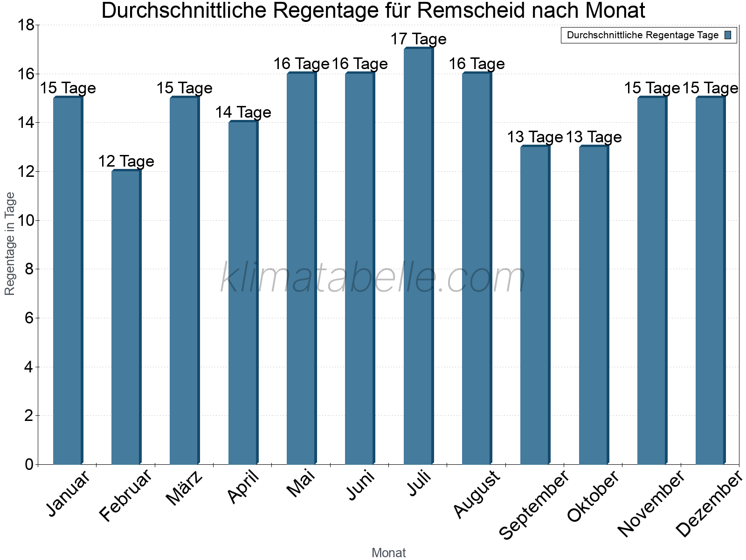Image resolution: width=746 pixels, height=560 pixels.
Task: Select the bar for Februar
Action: click(x=126, y=317)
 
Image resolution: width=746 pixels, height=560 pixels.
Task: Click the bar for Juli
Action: click(x=419, y=257)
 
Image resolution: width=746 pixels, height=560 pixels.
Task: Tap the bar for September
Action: click(x=535, y=306)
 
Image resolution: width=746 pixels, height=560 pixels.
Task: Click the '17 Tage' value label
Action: click(x=418, y=39)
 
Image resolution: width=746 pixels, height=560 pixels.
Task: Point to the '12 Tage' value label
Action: click(x=126, y=161)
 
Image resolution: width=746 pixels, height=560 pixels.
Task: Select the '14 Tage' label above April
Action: click(x=243, y=112)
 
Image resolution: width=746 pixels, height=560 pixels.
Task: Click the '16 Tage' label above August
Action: click(x=477, y=64)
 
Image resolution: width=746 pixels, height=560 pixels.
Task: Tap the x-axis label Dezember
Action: click(x=708, y=504)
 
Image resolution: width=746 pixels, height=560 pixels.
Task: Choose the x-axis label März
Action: click(x=185, y=488)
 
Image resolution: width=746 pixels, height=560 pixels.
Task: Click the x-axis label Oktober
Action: click(x=593, y=497)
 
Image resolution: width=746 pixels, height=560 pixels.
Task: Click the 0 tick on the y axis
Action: click(x=29, y=464)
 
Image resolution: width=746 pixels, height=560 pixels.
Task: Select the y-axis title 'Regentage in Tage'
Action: click(x=10, y=244)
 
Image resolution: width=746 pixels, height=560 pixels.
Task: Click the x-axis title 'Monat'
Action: click(x=388, y=553)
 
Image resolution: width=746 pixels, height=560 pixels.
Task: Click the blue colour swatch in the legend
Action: click(x=728, y=35)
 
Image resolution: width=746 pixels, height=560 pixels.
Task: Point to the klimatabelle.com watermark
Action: click(x=373, y=278)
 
